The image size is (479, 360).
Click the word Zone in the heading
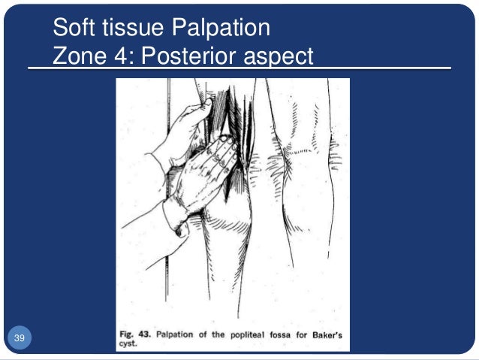coord(81,56)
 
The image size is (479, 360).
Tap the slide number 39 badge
coord(19,340)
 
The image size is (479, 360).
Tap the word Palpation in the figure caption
coord(185,334)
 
